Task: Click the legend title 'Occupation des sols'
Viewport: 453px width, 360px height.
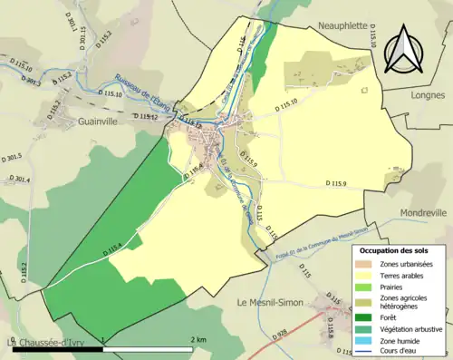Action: coord(395,249)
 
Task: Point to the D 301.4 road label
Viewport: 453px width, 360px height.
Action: coord(21,180)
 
